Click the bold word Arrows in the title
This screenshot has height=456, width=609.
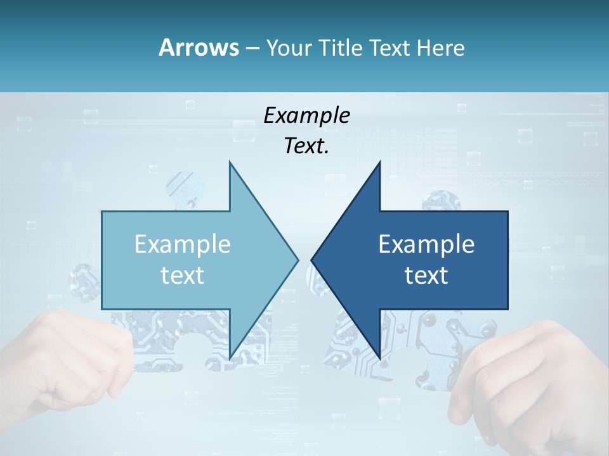click(199, 47)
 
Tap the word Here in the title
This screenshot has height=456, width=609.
click(440, 47)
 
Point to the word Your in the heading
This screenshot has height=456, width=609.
click(289, 47)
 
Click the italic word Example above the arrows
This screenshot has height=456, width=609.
click(306, 115)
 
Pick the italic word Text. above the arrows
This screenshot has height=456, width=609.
click(306, 146)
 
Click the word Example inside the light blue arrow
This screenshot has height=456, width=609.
click(183, 244)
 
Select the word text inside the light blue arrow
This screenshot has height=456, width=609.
click(183, 275)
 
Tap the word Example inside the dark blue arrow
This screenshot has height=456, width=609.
click(426, 244)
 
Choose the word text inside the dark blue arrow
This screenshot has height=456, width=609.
click(426, 275)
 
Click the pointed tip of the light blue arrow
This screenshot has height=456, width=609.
click(296, 260)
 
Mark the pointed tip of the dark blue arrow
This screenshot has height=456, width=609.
click(313, 260)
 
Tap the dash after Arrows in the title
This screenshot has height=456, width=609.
click(252, 47)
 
